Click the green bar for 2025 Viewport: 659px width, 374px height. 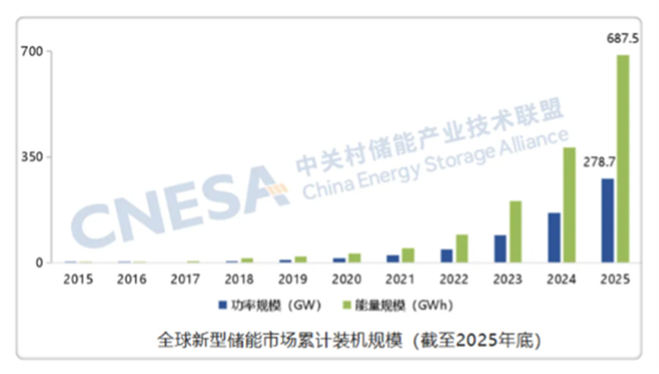coord(622,158)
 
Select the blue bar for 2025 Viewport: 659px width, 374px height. coord(608,220)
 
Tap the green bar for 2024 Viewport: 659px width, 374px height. coord(569,205)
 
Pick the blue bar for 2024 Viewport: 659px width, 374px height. coord(554,237)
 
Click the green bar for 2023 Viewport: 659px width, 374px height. coord(515,231)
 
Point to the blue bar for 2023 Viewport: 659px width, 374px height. coord(500,248)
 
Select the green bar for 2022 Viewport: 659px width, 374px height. coord(461,248)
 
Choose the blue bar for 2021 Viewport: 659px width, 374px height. coord(393,258)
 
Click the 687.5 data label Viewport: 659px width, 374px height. coord(622,38)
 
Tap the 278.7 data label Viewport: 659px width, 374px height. coord(598,162)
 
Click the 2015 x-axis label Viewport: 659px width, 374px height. coord(78,279)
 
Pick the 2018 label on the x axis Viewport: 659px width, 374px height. coord(239,279)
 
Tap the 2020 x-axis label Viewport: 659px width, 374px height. coord(346,279)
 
